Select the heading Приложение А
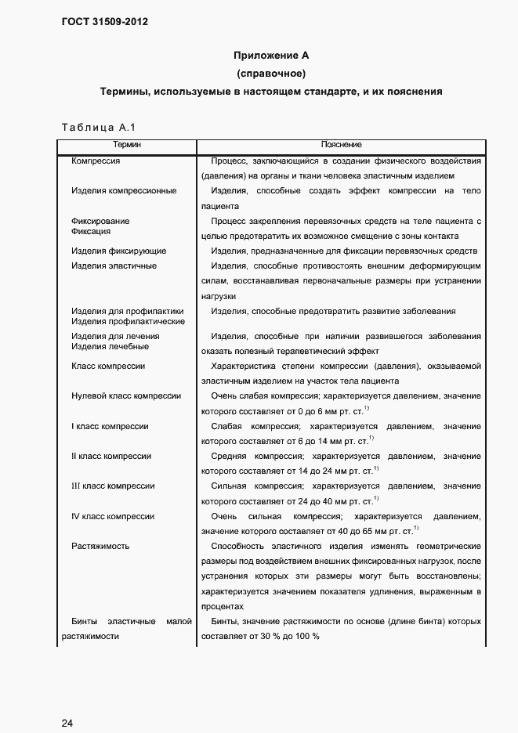271,56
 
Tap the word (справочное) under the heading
271,74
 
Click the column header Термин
127,145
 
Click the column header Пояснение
341,145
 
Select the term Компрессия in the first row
95,161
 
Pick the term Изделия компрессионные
123,191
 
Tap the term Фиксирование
100,221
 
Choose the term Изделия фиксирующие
118,251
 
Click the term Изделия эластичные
114,266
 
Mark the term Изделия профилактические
128,321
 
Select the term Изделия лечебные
109,346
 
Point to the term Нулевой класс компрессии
125,396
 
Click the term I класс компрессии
110,427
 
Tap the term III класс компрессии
112,486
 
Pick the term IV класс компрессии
112,517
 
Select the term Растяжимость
100,547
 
